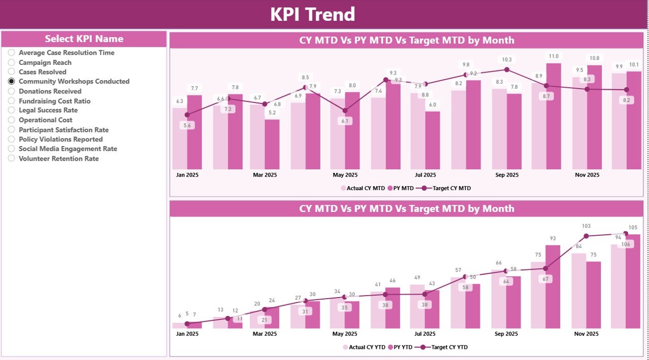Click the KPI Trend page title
(312, 14)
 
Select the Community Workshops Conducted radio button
(11, 81)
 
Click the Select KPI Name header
(84, 39)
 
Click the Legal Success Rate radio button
(11, 110)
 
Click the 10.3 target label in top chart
(506, 59)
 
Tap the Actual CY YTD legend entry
(363, 347)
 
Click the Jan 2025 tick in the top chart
(187, 175)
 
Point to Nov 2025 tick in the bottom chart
(587, 334)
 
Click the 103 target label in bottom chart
(586, 226)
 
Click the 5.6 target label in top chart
(187, 125)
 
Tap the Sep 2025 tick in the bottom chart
(506, 334)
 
